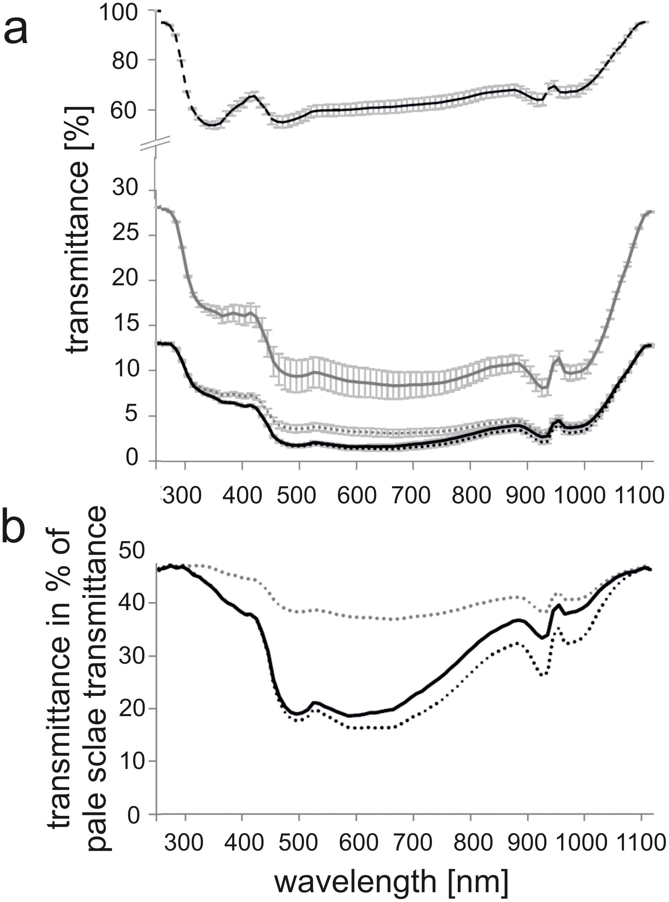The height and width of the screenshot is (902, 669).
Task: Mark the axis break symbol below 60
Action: pyautogui.click(x=155, y=143)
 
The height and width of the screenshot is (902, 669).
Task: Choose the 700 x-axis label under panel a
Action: pyautogui.click(x=411, y=495)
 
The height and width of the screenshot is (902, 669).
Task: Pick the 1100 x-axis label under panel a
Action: pyautogui.click(x=638, y=495)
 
